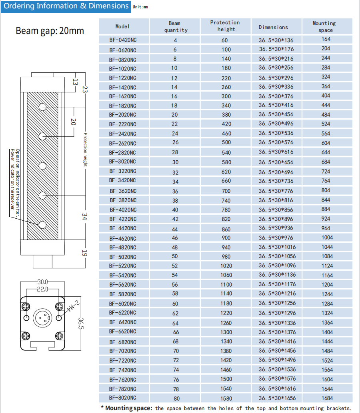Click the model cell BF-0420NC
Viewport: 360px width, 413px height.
[122, 40]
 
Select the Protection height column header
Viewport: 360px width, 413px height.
[225, 26]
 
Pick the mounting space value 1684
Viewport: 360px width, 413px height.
[327, 398]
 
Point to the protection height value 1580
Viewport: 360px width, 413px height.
[226, 398]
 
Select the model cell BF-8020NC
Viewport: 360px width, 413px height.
[122, 398]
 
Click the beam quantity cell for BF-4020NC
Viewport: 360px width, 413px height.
[175, 210]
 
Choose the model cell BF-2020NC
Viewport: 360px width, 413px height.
[122, 115]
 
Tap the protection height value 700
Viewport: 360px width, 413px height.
[226, 191]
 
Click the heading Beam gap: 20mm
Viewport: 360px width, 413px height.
[50, 31]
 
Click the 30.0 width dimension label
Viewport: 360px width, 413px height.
[42, 282]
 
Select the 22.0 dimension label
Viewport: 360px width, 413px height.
[42, 289]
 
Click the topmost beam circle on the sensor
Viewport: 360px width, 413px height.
[42, 107]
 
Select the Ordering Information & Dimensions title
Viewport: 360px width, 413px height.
[66, 6]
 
